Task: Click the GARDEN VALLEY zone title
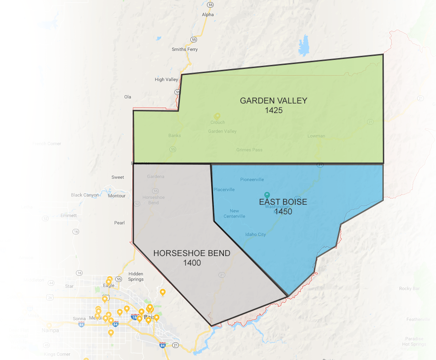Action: point(273,101)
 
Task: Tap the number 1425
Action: point(273,110)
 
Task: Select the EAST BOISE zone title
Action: point(283,202)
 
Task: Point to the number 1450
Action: point(282,212)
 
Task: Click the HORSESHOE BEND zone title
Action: point(192,253)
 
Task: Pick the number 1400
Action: point(192,263)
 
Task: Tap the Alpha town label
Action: point(208,15)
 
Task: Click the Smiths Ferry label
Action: point(185,49)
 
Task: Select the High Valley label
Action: point(166,79)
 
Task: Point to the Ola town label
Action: point(128,97)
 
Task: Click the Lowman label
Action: point(316,136)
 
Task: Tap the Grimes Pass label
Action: point(249,150)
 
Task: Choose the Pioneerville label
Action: point(252,180)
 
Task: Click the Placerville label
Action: point(224,190)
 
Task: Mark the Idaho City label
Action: point(255,235)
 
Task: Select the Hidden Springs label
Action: point(136,276)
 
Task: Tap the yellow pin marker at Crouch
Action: point(217,116)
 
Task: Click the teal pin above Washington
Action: point(267,194)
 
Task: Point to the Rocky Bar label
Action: point(409,289)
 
